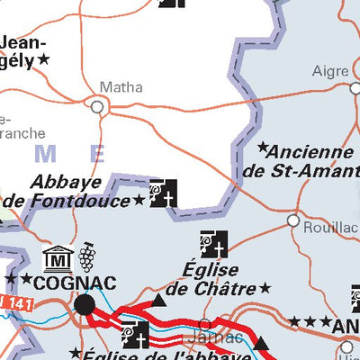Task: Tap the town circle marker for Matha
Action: [97, 106]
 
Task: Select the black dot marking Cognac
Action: [85, 304]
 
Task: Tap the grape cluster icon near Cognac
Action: [87, 257]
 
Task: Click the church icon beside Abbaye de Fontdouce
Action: [163, 193]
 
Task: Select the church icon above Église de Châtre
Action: [214, 244]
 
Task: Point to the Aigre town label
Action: [329, 71]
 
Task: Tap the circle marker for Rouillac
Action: [292, 220]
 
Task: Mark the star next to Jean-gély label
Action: [42, 58]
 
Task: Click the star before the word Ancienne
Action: [263, 147]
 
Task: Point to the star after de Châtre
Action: [265, 288]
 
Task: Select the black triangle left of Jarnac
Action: [159, 300]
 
